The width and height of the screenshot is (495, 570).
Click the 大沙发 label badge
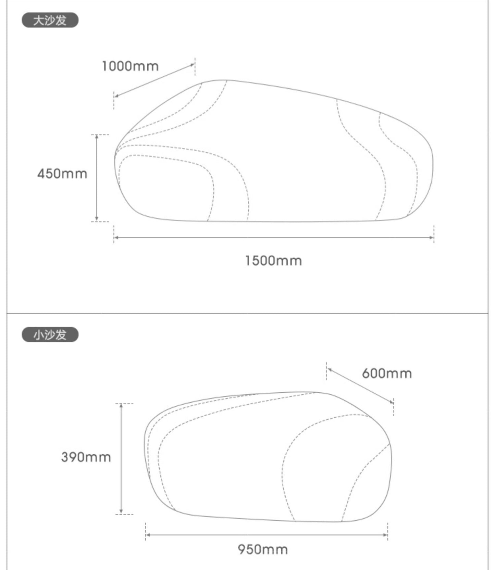pyautogui.click(x=50, y=20)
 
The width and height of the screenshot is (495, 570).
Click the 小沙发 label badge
pyautogui.click(x=50, y=334)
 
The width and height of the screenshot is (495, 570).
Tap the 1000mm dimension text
pyautogui.click(x=131, y=66)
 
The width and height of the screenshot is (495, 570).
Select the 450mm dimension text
pyautogui.click(x=62, y=174)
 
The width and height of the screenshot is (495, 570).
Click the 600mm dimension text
pyautogui.click(x=387, y=373)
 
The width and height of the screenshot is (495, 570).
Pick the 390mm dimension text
pyautogui.click(x=86, y=457)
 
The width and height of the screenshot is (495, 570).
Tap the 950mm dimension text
pyautogui.click(x=263, y=549)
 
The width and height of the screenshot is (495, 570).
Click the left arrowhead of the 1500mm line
pyautogui.click(x=116, y=237)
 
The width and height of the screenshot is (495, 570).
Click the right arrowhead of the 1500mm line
pyautogui.click(x=432, y=237)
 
